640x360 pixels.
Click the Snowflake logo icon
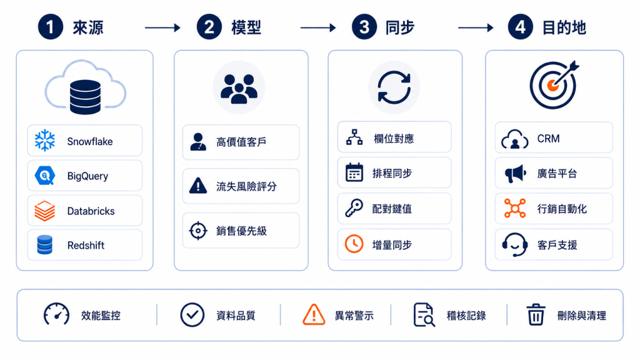coord(45,141)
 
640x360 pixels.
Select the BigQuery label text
coord(87,176)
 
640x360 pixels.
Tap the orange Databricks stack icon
coord(44,211)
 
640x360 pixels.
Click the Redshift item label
coord(86,245)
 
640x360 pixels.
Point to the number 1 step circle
coord(50,27)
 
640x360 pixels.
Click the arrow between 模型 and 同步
coord(318,27)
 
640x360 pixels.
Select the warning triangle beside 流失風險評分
coord(198,186)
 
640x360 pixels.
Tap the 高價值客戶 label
coord(241,142)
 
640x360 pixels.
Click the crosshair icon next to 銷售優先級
coord(198,231)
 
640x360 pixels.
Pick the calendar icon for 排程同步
coord(354,172)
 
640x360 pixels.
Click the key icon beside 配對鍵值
coord(354,208)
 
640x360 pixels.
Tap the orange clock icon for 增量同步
coord(354,244)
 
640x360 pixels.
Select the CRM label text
coord(548,139)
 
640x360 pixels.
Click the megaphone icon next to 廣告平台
coord(515,174)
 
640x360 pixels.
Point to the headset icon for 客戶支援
coord(514,244)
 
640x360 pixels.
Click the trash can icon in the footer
coord(536,315)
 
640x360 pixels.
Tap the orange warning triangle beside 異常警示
coord(314,315)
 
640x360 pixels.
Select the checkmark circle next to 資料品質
coord(192,315)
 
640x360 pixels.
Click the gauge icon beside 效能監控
coord(56,314)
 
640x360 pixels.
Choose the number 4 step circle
coord(520,27)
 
